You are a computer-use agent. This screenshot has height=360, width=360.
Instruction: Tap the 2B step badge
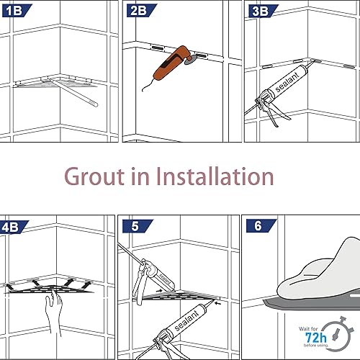137,9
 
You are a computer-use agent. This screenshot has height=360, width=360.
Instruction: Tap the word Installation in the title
216,176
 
